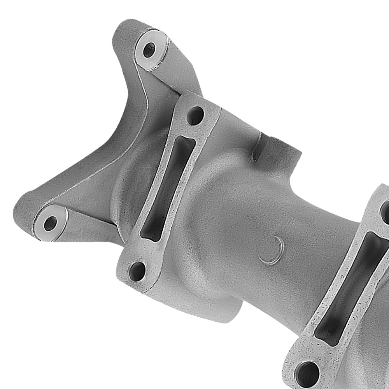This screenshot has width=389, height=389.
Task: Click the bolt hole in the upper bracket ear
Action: (x=149, y=50)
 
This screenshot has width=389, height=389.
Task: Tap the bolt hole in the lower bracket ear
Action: (x=50, y=223)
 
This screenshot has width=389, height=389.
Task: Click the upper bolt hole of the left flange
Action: (x=195, y=116)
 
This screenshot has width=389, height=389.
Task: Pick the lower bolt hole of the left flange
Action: (x=137, y=271)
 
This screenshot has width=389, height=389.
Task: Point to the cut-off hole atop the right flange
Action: (x=385, y=212)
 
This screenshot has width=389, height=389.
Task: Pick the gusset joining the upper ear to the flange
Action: (x=175, y=78)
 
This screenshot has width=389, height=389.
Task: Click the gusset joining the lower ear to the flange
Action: (x=89, y=226)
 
